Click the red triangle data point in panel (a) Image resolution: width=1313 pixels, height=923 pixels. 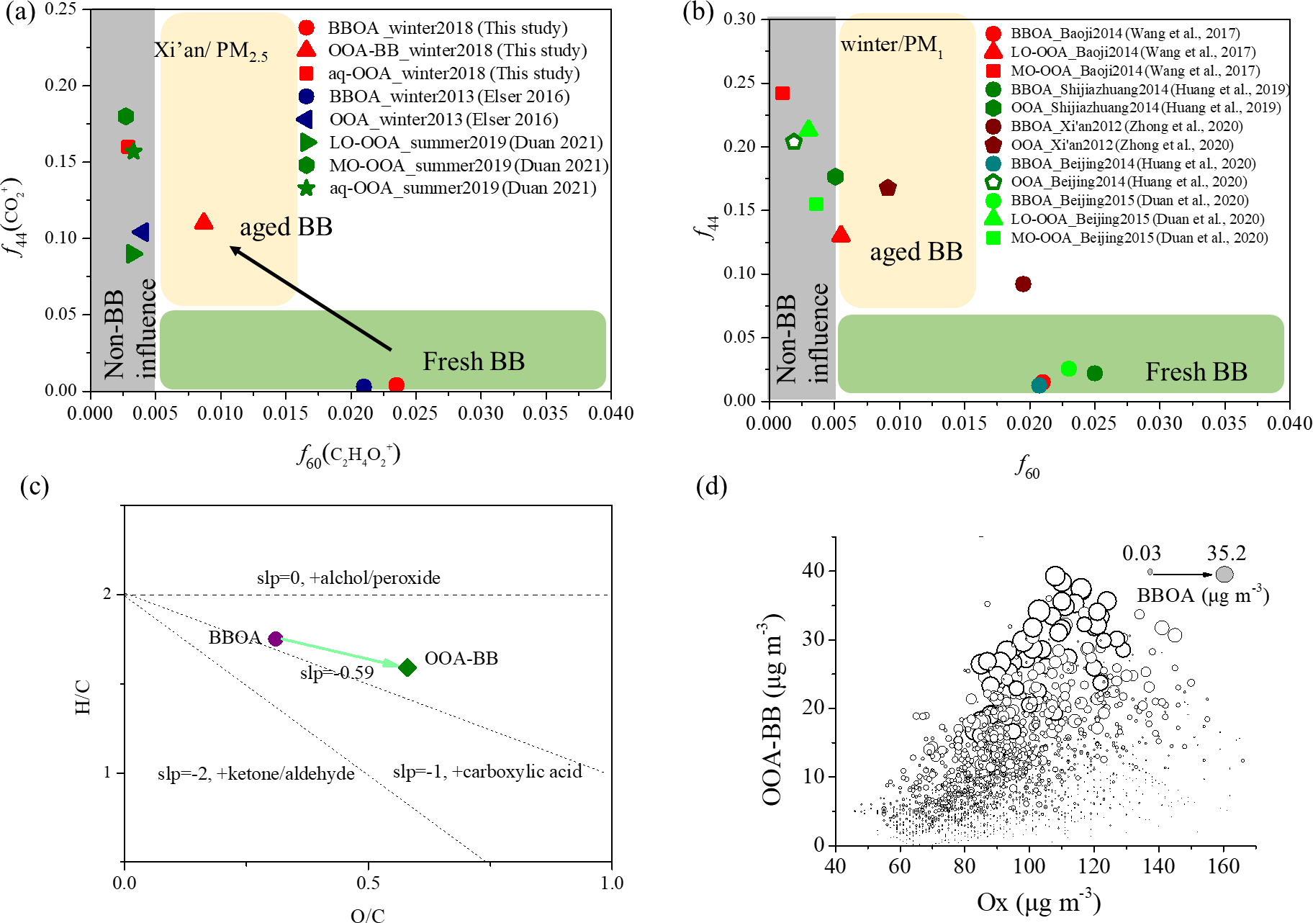pyautogui.click(x=204, y=222)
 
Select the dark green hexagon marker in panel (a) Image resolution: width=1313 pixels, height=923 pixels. pyautogui.click(x=126, y=117)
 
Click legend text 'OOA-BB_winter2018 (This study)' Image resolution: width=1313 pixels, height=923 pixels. pyautogui.click(x=457, y=50)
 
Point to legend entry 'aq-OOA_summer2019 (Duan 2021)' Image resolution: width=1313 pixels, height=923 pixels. pyautogui.click(x=462, y=188)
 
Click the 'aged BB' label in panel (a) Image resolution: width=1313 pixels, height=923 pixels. pyautogui.click(x=286, y=228)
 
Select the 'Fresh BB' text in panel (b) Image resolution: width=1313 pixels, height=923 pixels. pyautogui.click(x=1196, y=372)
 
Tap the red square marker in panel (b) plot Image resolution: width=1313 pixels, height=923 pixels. pyautogui.click(x=782, y=94)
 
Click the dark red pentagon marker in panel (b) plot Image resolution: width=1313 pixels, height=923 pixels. pyautogui.click(x=888, y=188)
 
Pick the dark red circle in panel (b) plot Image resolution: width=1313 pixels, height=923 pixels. pyautogui.click(x=1023, y=284)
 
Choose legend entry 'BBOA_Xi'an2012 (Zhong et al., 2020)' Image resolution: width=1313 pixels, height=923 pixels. pyautogui.click(x=1127, y=126)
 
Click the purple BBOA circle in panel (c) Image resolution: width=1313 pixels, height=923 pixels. pyautogui.click(x=275, y=639)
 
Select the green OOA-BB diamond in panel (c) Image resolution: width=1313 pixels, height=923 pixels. pyautogui.click(x=407, y=667)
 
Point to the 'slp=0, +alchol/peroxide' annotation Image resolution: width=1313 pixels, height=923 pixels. pyautogui.click(x=348, y=578)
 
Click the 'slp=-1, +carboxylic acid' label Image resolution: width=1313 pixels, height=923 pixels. pyautogui.click(x=487, y=772)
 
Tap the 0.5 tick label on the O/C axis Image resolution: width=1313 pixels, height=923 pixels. pyautogui.click(x=368, y=883)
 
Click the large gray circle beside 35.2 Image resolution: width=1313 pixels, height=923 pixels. pyautogui.click(x=1224, y=574)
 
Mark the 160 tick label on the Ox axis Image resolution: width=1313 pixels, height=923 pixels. pyautogui.click(x=1223, y=866)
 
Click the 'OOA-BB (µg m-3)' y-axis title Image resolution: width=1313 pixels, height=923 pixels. pyautogui.click(x=772, y=709)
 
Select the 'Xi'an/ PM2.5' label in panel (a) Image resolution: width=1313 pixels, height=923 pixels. pyautogui.click(x=211, y=51)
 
